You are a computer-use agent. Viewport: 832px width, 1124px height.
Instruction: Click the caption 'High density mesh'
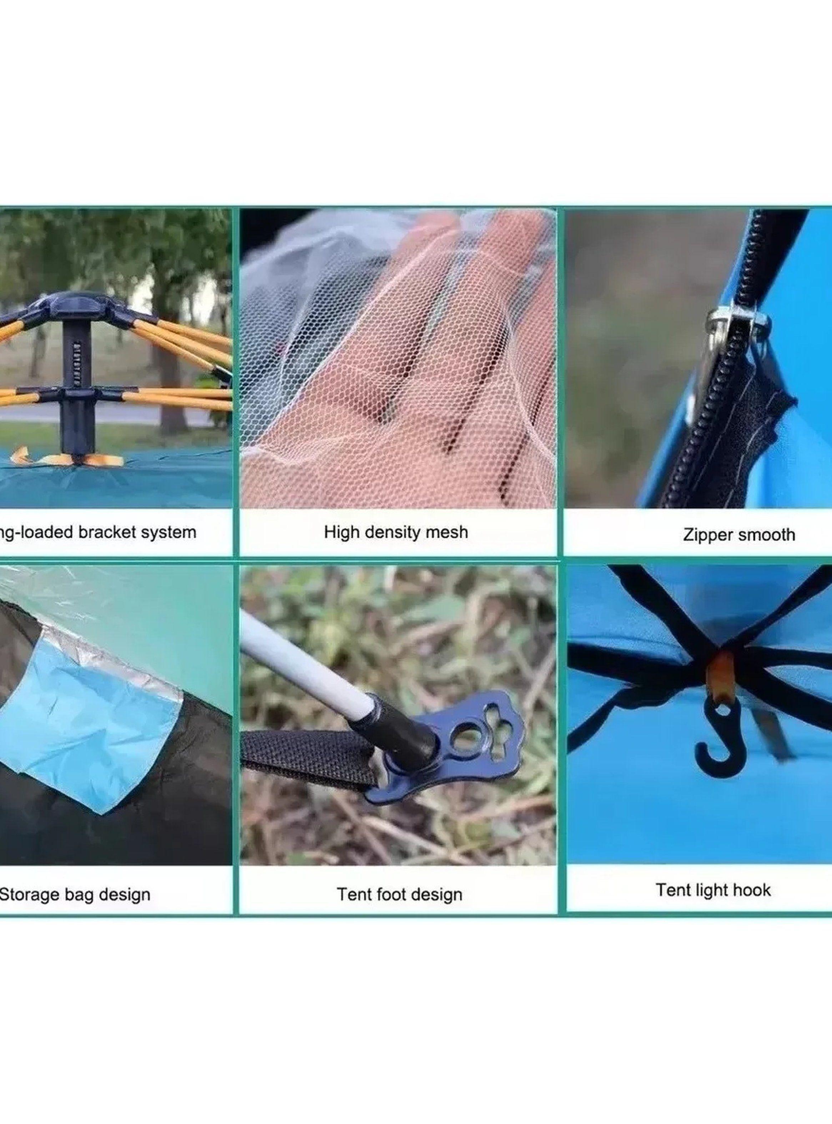(396, 532)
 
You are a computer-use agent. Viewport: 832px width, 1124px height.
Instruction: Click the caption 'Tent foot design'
(399, 895)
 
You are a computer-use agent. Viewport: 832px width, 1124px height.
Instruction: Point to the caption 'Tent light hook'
(713, 890)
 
